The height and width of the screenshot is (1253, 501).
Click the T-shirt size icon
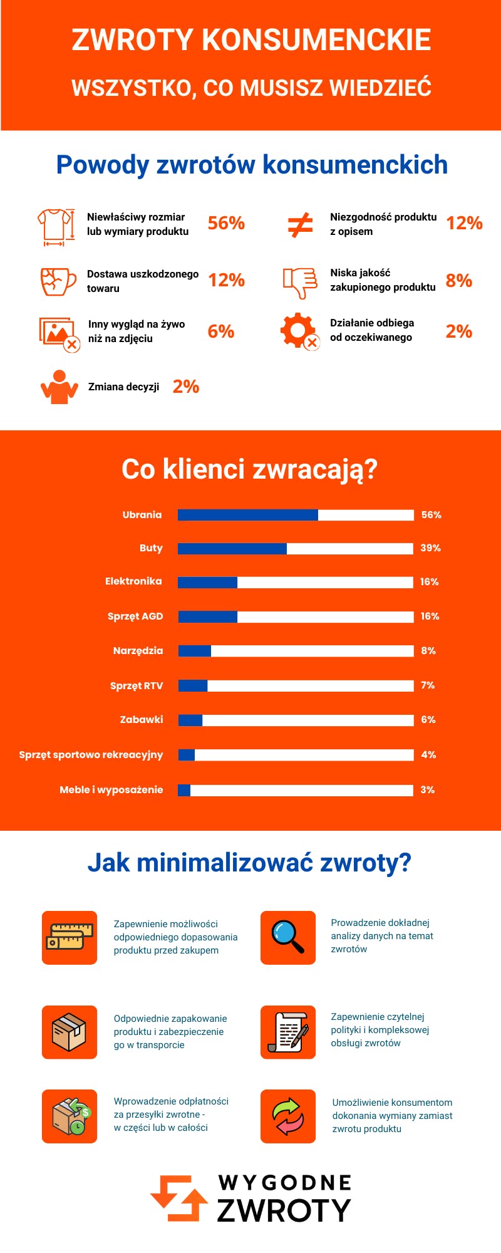[x=56, y=227]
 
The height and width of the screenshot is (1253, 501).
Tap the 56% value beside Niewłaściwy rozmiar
[x=226, y=223]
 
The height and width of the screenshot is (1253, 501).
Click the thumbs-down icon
[x=299, y=283]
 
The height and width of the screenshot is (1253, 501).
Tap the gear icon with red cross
[x=299, y=331]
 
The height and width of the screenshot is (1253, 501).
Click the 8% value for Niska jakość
[x=458, y=280]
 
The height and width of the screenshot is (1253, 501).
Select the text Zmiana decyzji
[x=123, y=387]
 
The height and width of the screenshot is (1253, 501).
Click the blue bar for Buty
[x=232, y=549]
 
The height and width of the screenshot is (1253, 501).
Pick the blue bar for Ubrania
[x=248, y=515]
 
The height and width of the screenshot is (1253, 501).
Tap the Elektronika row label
[x=133, y=581]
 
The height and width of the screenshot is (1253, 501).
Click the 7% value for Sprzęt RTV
[x=428, y=685]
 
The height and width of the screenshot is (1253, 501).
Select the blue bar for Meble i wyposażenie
[x=184, y=790]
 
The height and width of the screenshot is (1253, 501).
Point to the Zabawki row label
[x=142, y=720]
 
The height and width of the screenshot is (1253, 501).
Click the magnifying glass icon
[x=288, y=937]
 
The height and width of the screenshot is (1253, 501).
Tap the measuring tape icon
[x=70, y=937]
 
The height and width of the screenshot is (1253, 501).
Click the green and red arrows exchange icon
[x=288, y=1116]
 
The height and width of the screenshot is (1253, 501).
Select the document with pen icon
[x=288, y=1032]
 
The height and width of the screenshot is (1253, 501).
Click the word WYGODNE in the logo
[x=285, y=1183]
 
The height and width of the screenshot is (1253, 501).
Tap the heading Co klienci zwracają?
[x=249, y=469]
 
